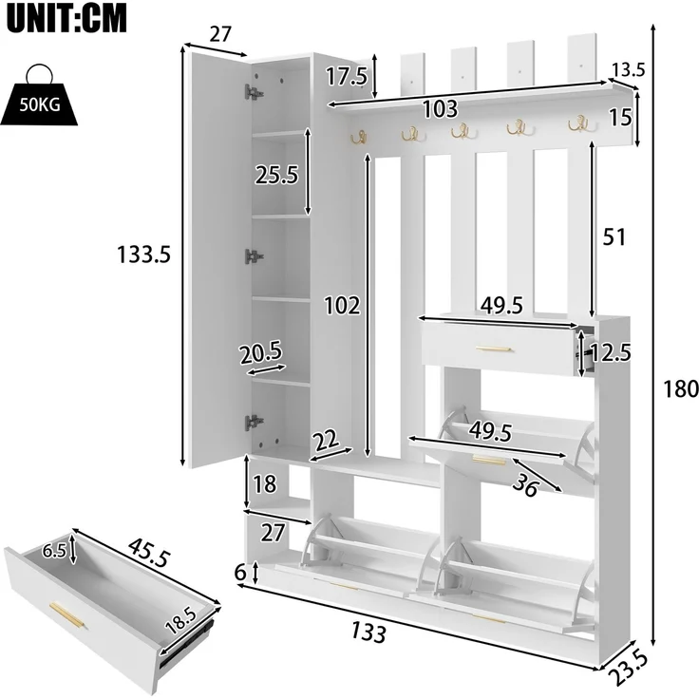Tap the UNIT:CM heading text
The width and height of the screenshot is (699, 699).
pos(66,18)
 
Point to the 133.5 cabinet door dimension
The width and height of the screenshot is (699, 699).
pos(144,255)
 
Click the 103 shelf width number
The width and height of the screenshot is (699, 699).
pos(440,109)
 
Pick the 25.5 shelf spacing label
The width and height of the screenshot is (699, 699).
pos(276,175)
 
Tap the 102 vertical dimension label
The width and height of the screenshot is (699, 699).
pos(342,306)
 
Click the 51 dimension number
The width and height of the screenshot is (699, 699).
pos(614,237)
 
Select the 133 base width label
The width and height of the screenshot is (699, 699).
pos(368,632)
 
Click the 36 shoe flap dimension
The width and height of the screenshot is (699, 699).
pos(525,486)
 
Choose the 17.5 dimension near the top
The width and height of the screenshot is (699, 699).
pos(347,76)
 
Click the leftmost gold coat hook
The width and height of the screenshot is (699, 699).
pos(358,138)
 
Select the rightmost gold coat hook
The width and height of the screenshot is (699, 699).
pos(578,123)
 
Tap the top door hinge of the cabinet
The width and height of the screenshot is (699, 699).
pos(254,92)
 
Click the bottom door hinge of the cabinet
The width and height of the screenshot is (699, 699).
pos(254,422)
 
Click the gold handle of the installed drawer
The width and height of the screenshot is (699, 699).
pos(494,349)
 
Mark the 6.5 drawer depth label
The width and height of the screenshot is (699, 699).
pos(54,552)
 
